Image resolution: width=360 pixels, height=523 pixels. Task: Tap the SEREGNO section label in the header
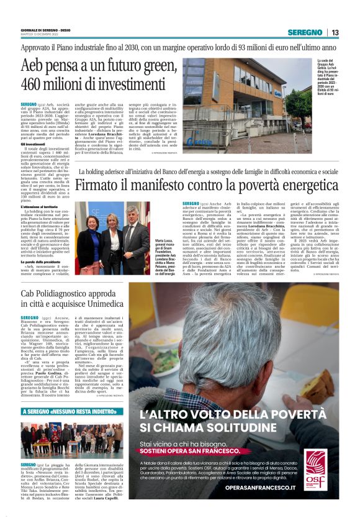coord(305,32)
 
